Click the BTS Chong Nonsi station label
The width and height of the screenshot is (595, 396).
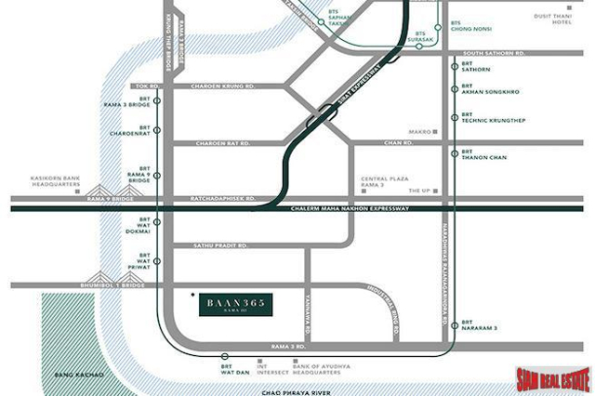(469, 25)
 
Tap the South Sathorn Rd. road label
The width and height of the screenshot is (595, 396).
(494, 53)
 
